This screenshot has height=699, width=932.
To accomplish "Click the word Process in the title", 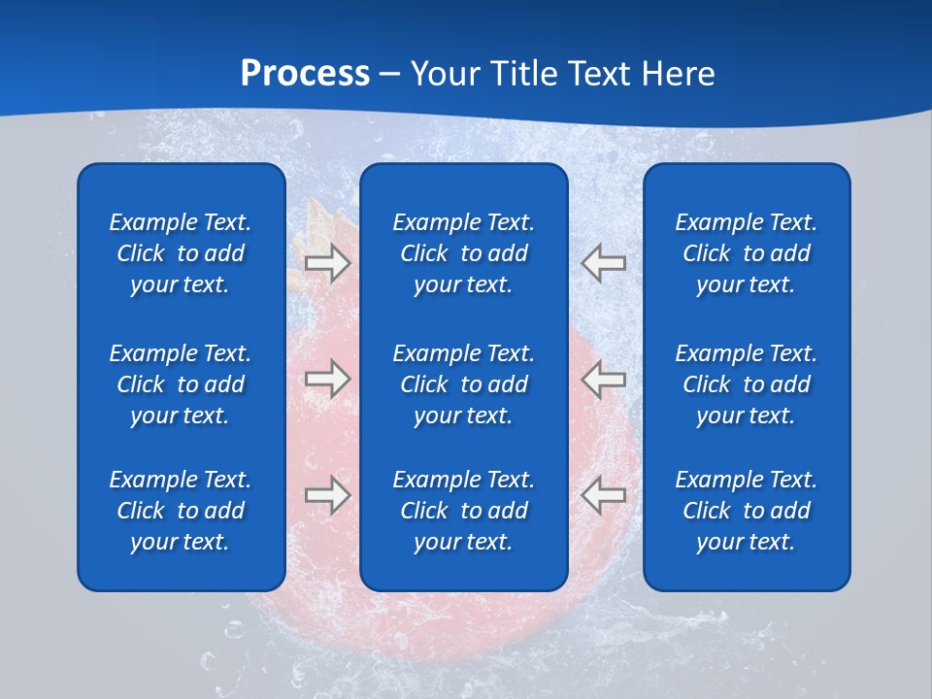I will pos(305,74).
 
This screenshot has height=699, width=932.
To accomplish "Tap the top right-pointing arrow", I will pos(327,263).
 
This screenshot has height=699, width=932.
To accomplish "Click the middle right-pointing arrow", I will pos(327,378).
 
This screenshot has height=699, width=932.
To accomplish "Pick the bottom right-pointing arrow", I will pos(327,495).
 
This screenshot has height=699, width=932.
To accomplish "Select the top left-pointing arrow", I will pos(603,263).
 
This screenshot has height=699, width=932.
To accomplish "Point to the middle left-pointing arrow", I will pos(603,378).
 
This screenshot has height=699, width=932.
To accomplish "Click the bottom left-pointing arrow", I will pos(603,495).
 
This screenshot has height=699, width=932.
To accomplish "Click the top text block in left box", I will pos(181,253).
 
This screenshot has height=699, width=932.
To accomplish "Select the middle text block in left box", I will pos(181,384).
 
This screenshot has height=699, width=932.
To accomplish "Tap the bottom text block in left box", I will pos(181,511).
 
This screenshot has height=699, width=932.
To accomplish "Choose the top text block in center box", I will pos(463,253).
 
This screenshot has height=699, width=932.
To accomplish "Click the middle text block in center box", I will pos(463,384).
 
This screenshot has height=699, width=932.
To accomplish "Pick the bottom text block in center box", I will pos(463,511).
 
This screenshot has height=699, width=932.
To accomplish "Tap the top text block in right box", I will pos(747,253).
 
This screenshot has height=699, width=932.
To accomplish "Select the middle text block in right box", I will pos(747,384).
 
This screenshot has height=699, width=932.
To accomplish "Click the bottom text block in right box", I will pos(747,511).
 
